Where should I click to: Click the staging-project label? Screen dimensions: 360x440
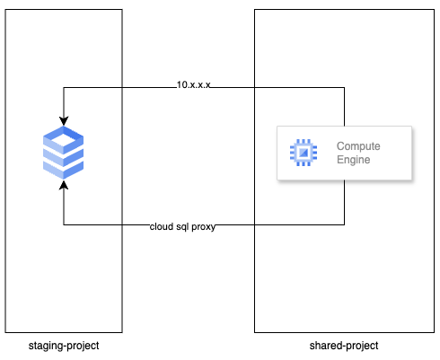(63, 346)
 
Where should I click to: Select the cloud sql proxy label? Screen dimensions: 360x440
(182, 226)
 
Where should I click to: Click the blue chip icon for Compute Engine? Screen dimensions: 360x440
(304, 154)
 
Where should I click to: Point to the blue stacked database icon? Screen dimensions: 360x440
(64, 154)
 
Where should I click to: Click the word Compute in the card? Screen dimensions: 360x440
(359, 146)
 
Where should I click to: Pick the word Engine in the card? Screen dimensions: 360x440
(353, 161)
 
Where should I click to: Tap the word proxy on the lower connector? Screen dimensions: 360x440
(201, 226)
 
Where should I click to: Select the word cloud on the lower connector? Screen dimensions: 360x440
(161, 226)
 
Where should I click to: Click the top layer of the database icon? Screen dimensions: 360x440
(64, 137)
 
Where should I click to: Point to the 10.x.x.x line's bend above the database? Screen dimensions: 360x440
(64, 88)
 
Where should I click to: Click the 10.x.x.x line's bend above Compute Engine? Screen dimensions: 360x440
(345, 88)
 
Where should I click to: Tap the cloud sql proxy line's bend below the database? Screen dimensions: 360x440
(64, 224)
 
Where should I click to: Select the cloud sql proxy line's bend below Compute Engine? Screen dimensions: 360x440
(345, 224)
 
